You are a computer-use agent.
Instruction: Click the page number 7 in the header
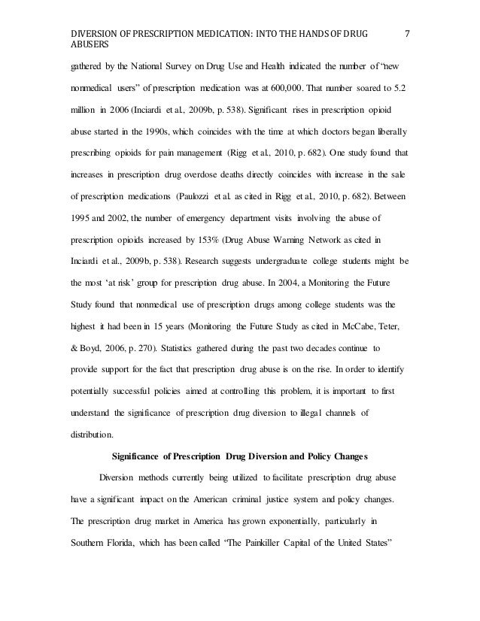click(x=407, y=13)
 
